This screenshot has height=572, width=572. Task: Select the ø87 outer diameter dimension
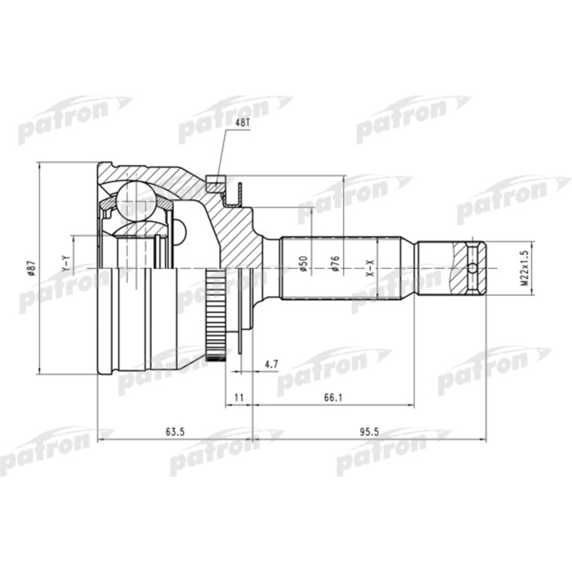[32, 268]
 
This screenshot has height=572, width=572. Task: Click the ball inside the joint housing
[134, 199]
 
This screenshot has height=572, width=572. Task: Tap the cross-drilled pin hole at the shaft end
[472, 268]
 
